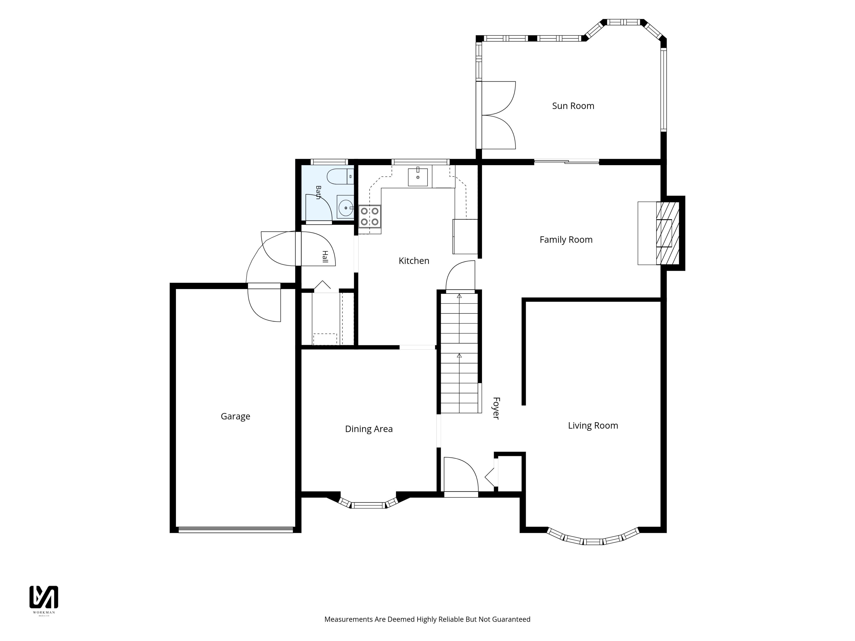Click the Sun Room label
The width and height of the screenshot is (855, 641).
pyautogui.click(x=573, y=106)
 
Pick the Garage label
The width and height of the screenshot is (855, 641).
pyautogui.click(x=235, y=416)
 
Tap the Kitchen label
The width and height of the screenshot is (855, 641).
pyautogui.click(x=414, y=261)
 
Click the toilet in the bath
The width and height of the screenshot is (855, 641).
pyautogui.click(x=340, y=176)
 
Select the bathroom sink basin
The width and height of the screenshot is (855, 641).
pyautogui.click(x=345, y=207)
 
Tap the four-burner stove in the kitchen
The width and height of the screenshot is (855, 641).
pyautogui.click(x=370, y=216)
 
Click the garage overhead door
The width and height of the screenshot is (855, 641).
pyautogui.click(x=236, y=530)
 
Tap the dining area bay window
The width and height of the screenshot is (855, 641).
pyautogui.click(x=368, y=503)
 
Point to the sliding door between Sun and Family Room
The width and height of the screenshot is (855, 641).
pyautogui.click(x=567, y=162)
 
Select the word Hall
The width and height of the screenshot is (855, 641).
pyautogui.click(x=325, y=257)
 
